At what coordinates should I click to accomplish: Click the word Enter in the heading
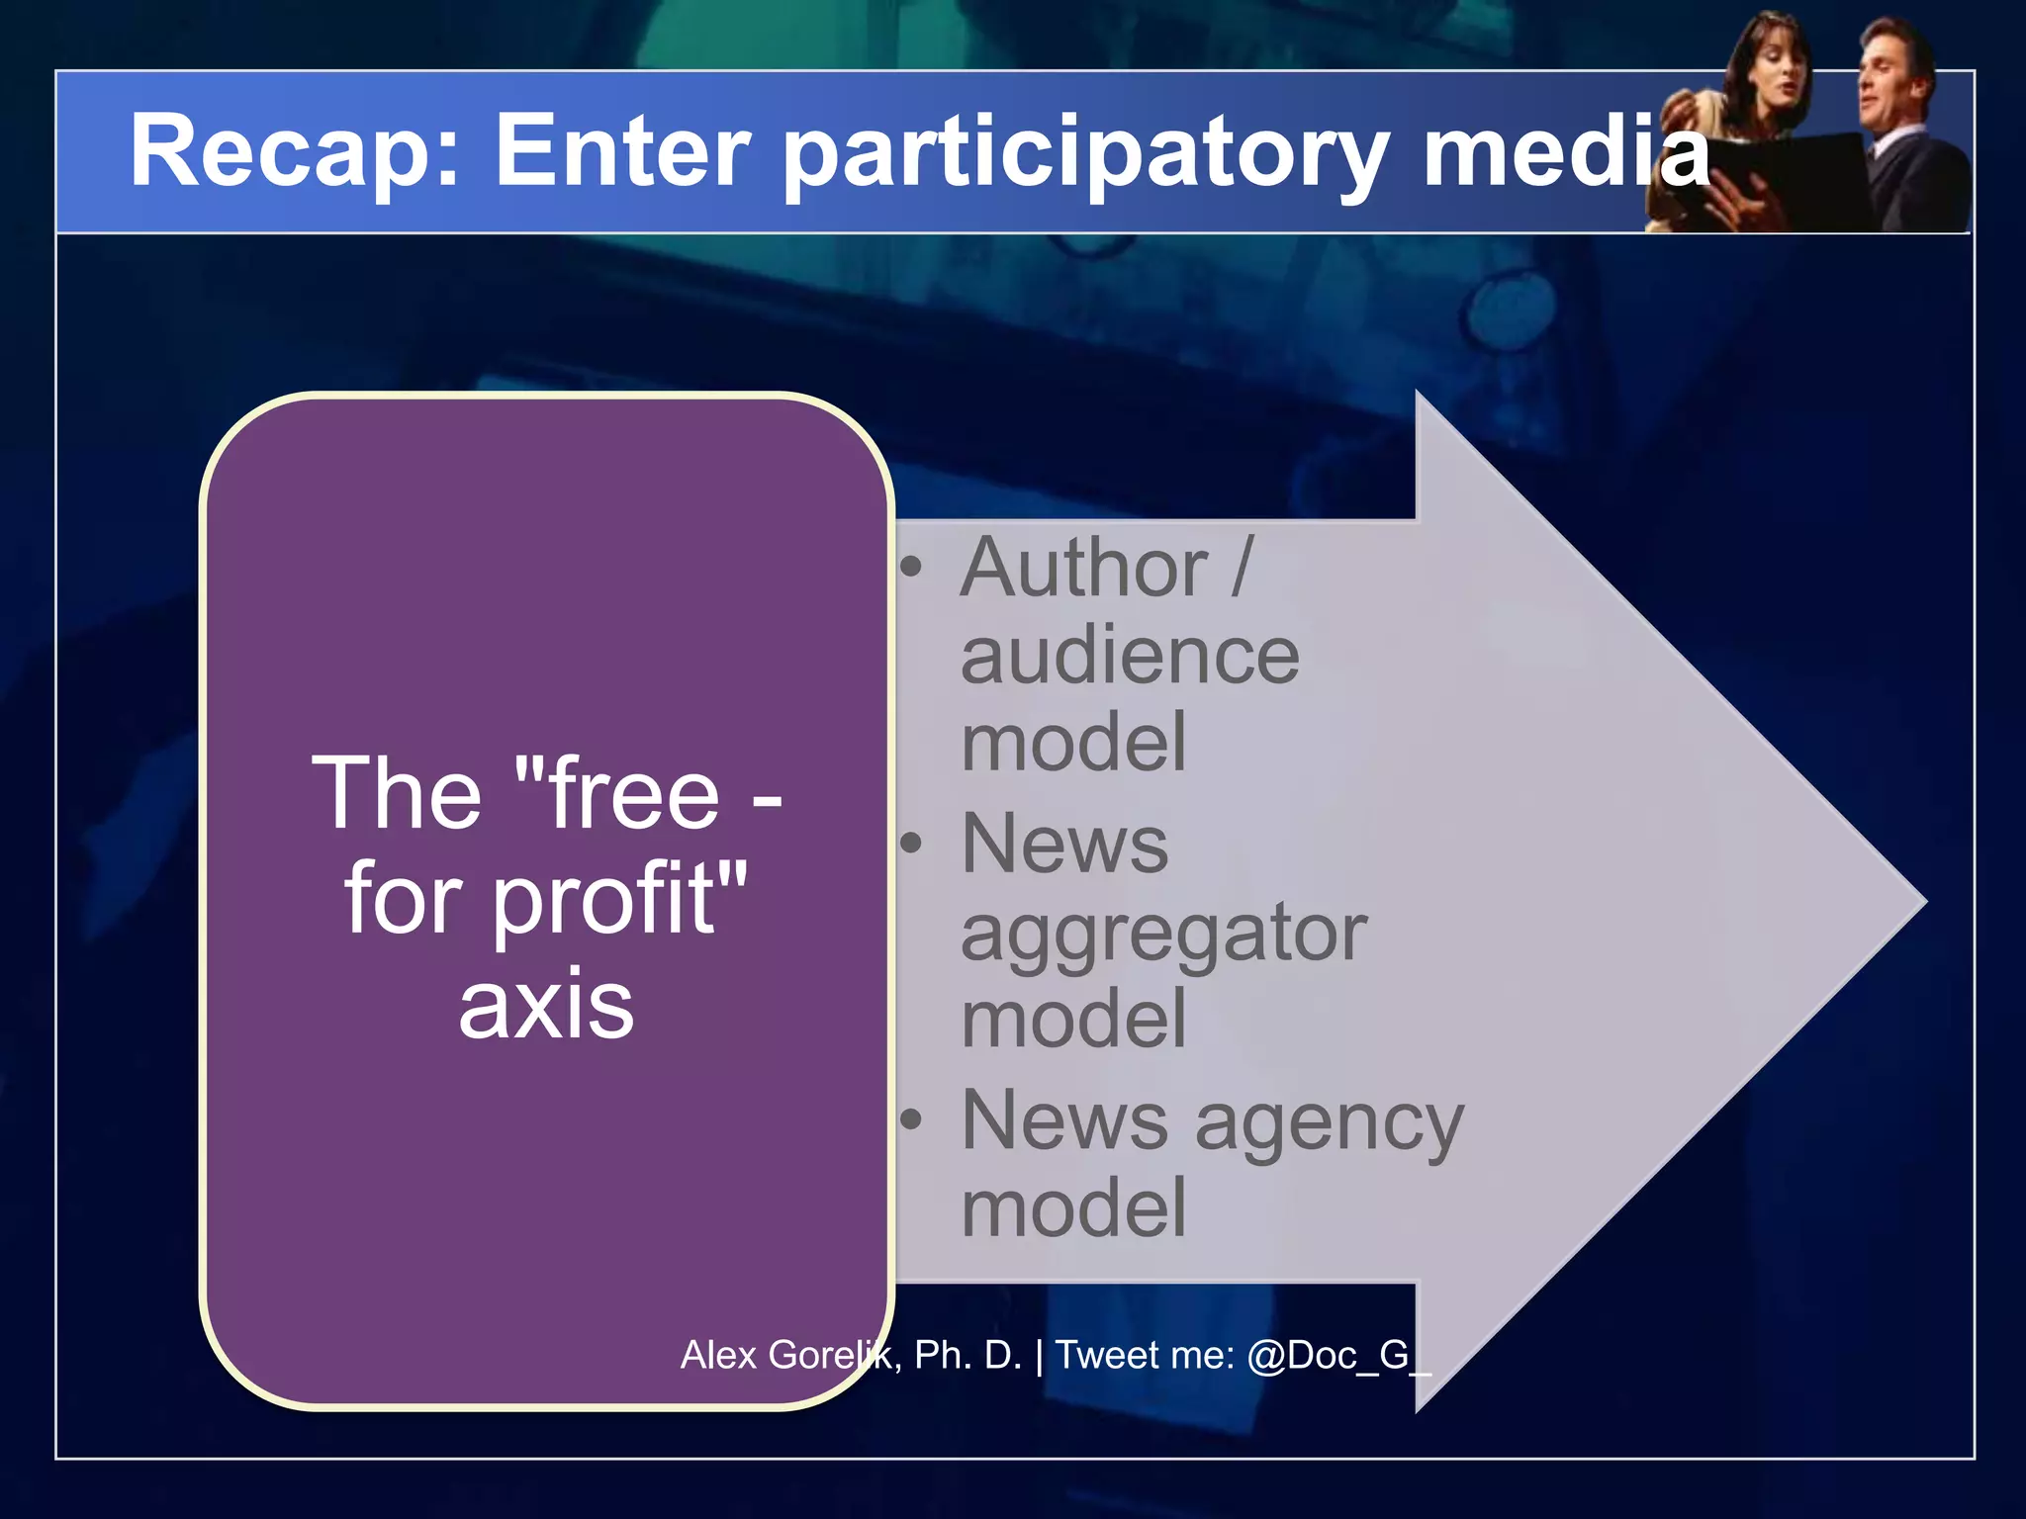pyautogui.click(x=622, y=150)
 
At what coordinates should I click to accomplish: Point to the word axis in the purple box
pyautogui.click(x=546, y=1006)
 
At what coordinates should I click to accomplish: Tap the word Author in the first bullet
pyautogui.click(x=1083, y=568)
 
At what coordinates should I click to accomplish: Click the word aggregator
pyautogui.click(x=1163, y=935)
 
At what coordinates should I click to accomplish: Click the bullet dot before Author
pyautogui.click(x=911, y=568)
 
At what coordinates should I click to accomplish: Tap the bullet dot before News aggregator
pyautogui.click(x=911, y=844)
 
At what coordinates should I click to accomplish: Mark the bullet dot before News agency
pyautogui.click(x=911, y=1119)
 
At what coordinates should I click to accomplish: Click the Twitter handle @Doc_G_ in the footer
pyautogui.click(x=1338, y=1355)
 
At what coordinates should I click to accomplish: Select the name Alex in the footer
pyautogui.click(x=719, y=1355)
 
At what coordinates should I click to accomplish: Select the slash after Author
pyautogui.click(x=1243, y=568)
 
